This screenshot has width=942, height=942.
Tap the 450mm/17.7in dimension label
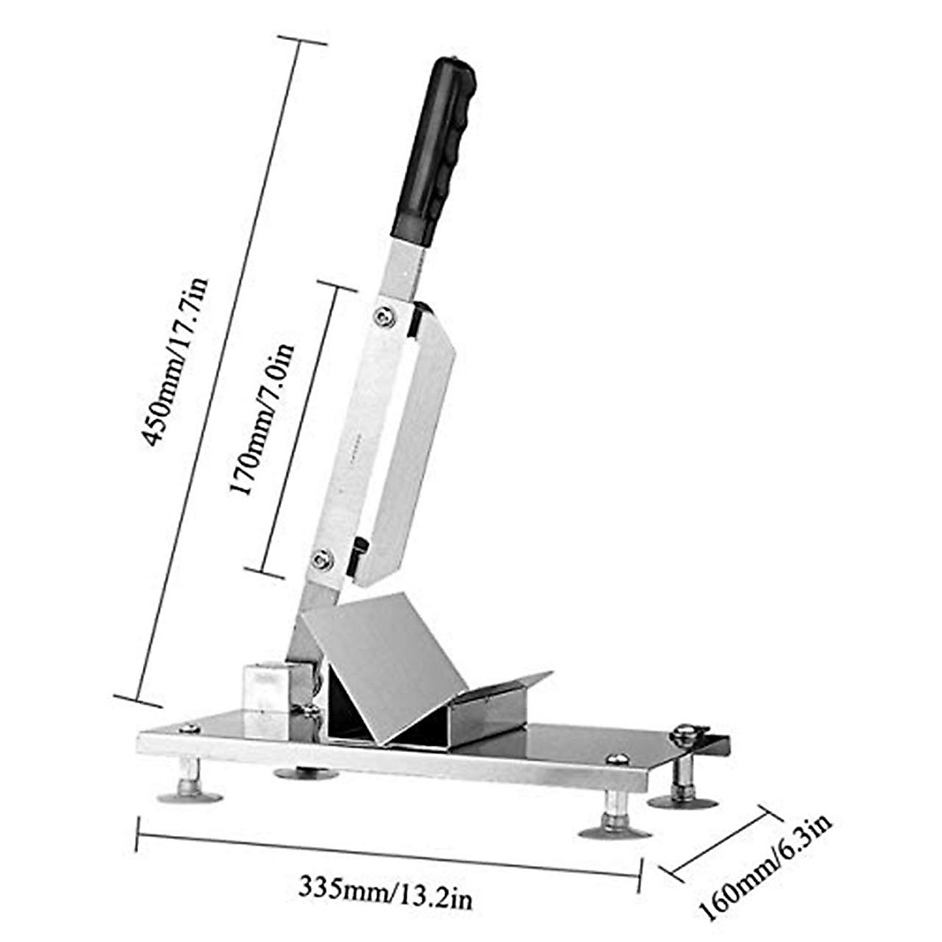(174, 362)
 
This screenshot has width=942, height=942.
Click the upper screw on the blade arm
(384, 316)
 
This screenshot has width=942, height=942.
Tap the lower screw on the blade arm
(321, 560)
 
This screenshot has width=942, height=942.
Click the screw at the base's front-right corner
(619, 758)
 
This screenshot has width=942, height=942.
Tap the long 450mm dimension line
(218, 369)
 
